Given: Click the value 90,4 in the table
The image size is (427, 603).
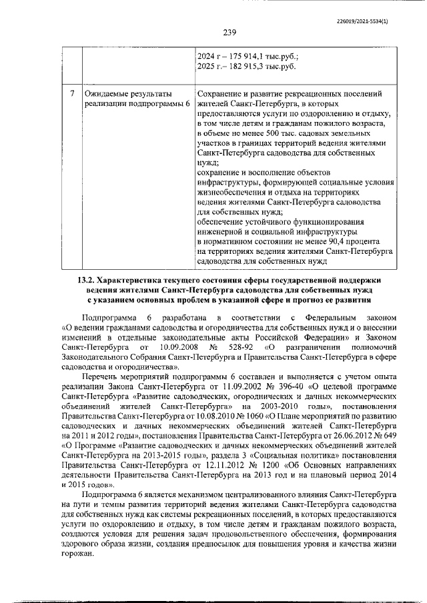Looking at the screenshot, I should click(x=334, y=241).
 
